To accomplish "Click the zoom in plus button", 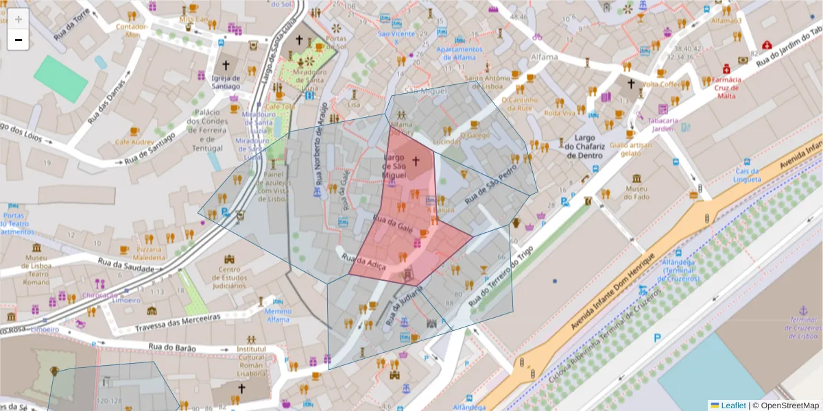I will tap(19, 18).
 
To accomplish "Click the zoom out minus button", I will tap(19, 40).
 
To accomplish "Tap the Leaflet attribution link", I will tap(732, 406).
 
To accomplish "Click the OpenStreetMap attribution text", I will tap(789, 406).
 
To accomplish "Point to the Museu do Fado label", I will tap(637, 192).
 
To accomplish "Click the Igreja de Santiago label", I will tap(226, 82).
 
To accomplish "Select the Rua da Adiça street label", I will tap(368, 262).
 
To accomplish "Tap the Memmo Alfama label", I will tap(278, 314).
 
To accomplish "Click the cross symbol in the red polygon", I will tap(415, 162).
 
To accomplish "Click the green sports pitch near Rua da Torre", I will tap(61, 79).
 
